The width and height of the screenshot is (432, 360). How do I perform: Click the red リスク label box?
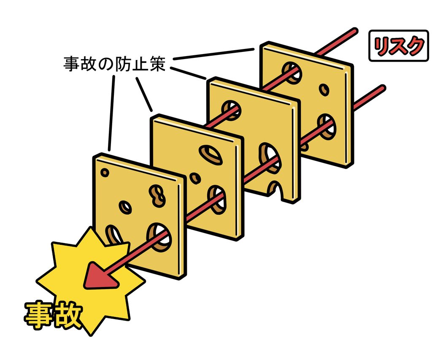click(399, 46)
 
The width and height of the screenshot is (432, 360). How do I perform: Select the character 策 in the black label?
click(158, 64)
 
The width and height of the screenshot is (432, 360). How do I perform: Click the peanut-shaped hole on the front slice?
click(157, 195)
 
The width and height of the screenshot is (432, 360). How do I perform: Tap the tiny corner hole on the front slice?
click(105, 173)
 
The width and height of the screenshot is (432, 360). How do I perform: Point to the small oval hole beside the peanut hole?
click(125, 207)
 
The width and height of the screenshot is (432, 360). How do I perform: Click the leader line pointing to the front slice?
click(111, 114)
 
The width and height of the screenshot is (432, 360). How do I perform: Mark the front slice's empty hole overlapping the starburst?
click(113, 235)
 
